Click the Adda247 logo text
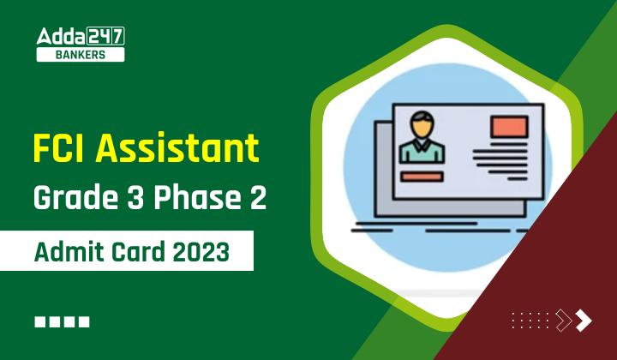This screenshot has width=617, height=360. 81,36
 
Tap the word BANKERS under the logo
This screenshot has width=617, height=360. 81,55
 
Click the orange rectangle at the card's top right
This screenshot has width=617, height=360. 509,125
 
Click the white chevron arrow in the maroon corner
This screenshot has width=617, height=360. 584,321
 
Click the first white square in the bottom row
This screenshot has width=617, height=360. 41,322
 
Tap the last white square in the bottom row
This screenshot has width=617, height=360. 84,322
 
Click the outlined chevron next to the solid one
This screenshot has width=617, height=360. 564,321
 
